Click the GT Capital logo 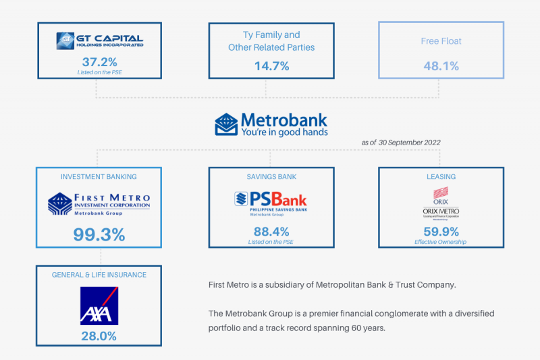pyautogui.click(x=100, y=41)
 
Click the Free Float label pyautogui.click(x=441, y=41)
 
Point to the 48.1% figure pyautogui.click(x=441, y=66)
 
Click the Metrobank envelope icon pyautogui.click(x=225, y=124)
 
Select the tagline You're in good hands pyautogui.click(x=284, y=132)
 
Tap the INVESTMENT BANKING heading pyautogui.click(x=99, y=177)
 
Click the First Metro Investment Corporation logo pyautogui.click(x=99, y=203)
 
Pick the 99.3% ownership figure pyautogui.click(x=99, y=234)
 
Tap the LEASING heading pyautogui.click(x=441, y=177)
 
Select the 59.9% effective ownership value pyautogui.click(x=441, y=231)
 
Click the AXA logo pyautogui.click(x=99, y=306)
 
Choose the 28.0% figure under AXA pyautogui.click(x=99, y=336)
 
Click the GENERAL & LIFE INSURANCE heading pyautogui.click(x=99, y=275)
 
